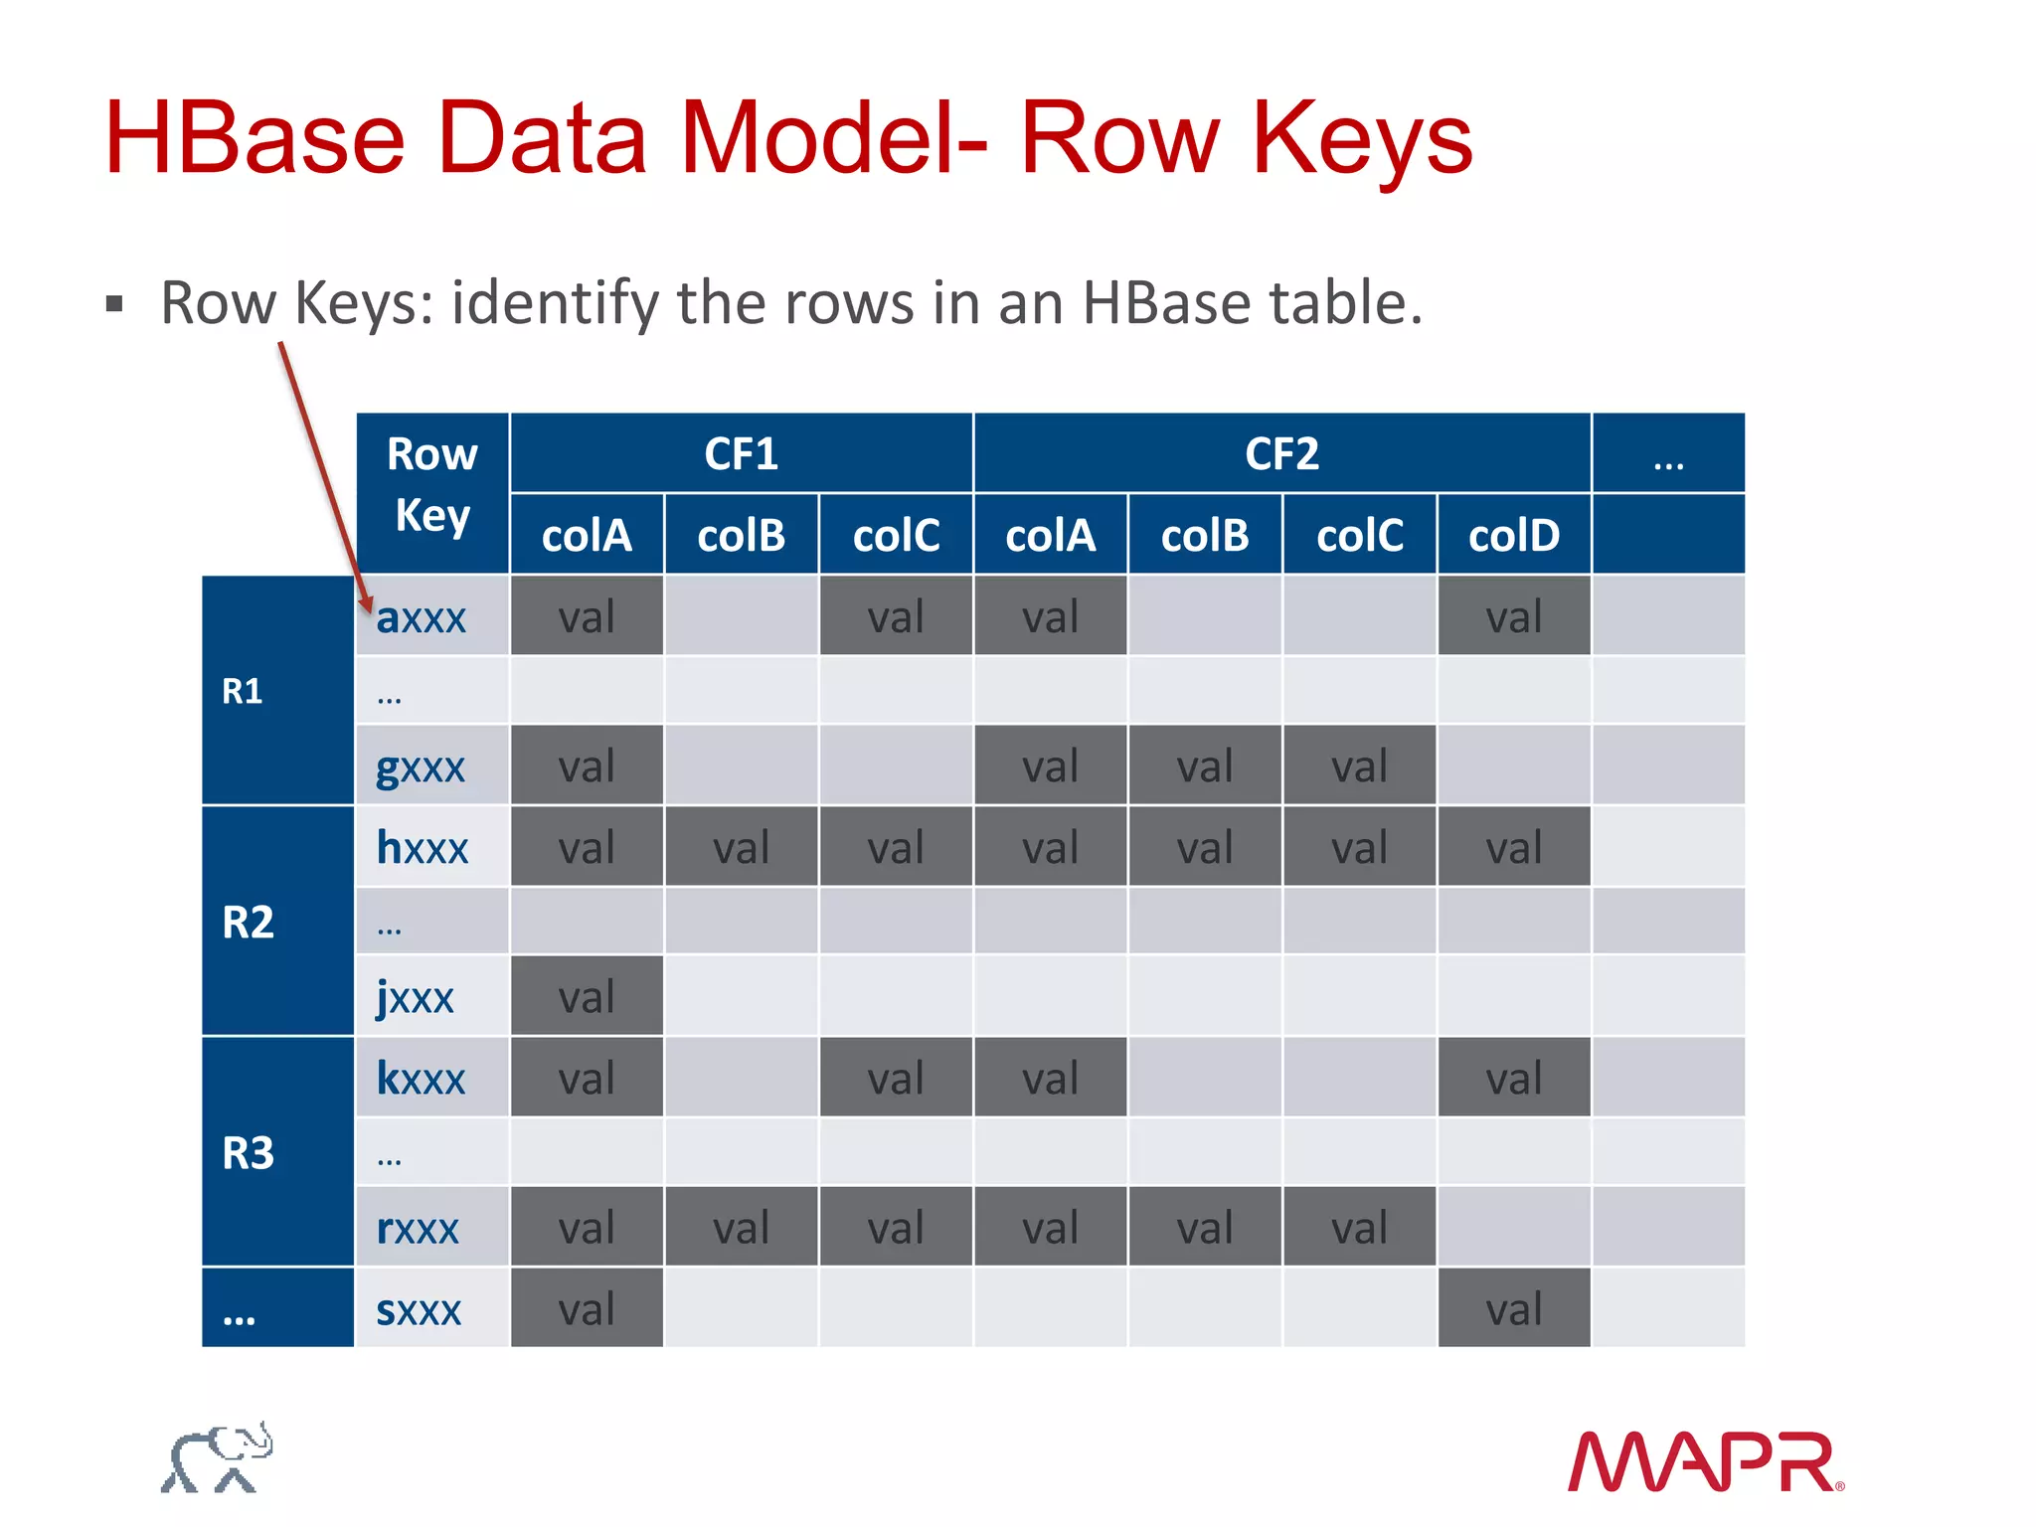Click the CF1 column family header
pos(741,454)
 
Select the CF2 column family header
pos(1281,454)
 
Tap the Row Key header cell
pos(432,486)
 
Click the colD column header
pos(1513,536)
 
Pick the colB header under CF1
pos(741,536)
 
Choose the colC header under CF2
pos(1359,536)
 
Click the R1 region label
pos(243,691)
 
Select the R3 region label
pos(248,1153)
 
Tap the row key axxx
pos(421,617)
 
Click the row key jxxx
pos(415,997)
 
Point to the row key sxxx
pos(419,1310)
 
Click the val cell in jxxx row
pos(587,997)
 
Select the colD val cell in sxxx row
pos(1513,1309)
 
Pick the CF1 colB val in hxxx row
pos(741,848)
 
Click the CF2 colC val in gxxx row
pos(1359,766)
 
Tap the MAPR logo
pos(1704,1461)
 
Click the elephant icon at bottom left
pos(218,1458)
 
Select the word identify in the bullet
pos(556,302)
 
